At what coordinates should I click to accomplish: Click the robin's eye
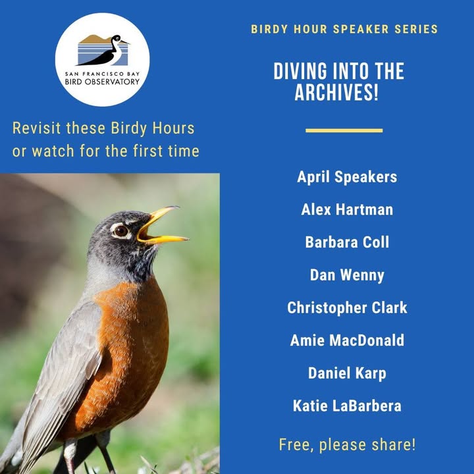click(x=121, y=231)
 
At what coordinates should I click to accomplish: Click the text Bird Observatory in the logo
click(x=102, y=82)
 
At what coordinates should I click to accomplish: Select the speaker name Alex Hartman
click(x=347, y=209)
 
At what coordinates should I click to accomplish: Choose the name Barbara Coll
click(x=347, y=242)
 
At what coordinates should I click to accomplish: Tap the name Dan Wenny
click(x=347, y=275)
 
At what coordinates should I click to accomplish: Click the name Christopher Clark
click(x=347, y=307)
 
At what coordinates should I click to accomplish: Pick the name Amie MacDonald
click(x=347, y=340)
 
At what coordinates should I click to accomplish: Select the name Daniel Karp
click(x=347, y=373)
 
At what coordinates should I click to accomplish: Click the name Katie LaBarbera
click(x=347, y=406)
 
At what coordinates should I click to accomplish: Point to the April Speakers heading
click(x=347, y=177)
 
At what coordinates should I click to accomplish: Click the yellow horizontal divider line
click(x=344, y=130)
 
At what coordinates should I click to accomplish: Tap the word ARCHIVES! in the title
click(x=336, y=92)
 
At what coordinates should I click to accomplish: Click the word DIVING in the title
click(x=300, y=71)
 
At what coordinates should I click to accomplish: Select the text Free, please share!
click(x=347, y=444)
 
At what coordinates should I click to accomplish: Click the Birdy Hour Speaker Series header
click(x=344, y=29)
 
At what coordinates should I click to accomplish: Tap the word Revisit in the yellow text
click(x=37, y=128)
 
